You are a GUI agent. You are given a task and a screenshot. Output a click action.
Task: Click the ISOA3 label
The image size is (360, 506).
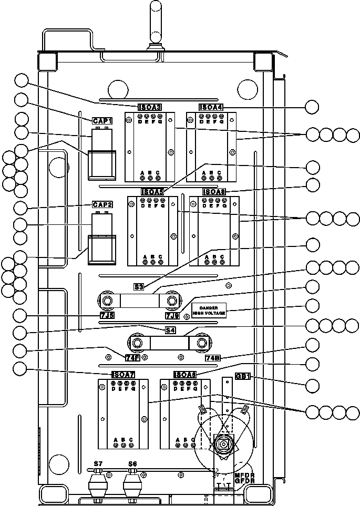click(x=149, y=107)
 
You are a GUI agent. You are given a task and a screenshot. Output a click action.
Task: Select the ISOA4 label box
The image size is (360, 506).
click(x=211, y=107)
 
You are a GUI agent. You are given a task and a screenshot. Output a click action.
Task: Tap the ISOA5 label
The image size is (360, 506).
click(x=152, y=192)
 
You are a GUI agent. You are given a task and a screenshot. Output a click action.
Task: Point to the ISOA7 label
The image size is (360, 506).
click(x=124, y=375)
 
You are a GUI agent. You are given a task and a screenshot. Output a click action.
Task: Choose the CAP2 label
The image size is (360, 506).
click(x=102, y=204)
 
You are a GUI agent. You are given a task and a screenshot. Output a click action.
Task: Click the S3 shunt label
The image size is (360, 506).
click(x=139, y=287)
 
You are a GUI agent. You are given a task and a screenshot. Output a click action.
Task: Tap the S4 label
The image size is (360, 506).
click(x=170, y=331)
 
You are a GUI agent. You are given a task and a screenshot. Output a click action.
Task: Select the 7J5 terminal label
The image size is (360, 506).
click(x=107, y=315)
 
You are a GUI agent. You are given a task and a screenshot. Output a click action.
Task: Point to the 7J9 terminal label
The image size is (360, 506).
click(x=172, y=315)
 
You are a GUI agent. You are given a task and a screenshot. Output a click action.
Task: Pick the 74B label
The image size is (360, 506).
click(x=213, y=358)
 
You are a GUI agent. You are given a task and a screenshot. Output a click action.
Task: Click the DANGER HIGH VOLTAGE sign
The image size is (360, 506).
click(x=209, y=310)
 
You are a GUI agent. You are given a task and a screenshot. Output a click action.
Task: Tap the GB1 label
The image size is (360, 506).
click(x=242, y=376)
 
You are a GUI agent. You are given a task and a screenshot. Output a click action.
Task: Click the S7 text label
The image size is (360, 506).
click(x=98, y=463)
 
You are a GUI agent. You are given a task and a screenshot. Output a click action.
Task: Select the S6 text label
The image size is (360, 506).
click(x=132, y=463)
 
